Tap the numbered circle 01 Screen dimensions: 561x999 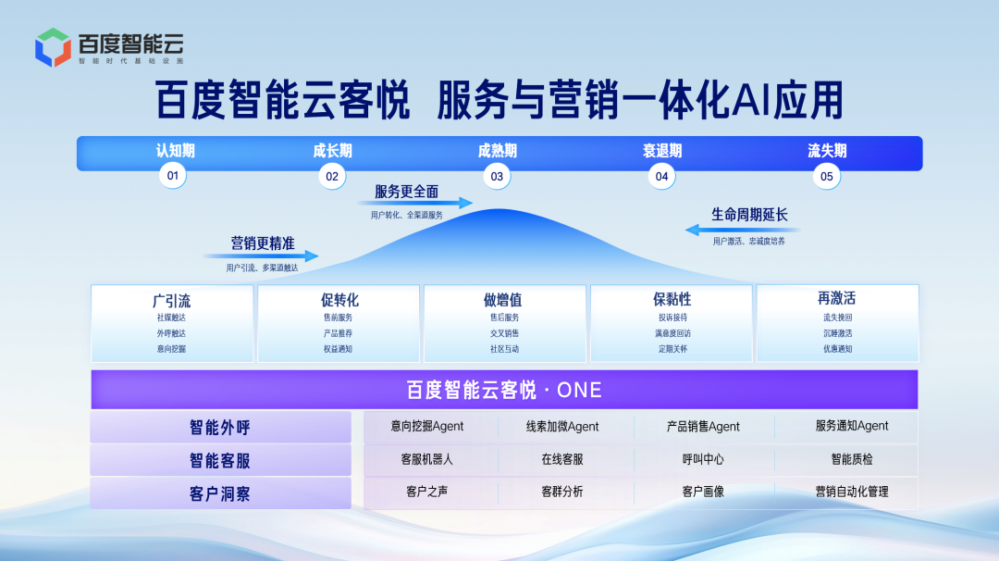172,176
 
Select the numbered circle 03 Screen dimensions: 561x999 497,176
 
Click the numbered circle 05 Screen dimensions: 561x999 826,176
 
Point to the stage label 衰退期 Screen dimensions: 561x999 661,151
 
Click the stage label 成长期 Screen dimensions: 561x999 332,151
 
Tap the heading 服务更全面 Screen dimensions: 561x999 406,192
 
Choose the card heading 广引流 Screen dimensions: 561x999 172,300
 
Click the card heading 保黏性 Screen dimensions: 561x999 672,300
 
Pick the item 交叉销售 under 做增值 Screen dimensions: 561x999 504,333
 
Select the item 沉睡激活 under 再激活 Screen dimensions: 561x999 837,333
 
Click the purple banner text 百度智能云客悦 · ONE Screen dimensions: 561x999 504,390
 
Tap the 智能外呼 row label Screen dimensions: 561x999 220,428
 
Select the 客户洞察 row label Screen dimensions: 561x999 220,493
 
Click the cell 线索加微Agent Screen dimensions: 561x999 562,427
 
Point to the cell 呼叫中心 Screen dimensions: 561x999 703,459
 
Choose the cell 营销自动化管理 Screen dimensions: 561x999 851,492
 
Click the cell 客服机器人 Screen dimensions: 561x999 426,459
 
